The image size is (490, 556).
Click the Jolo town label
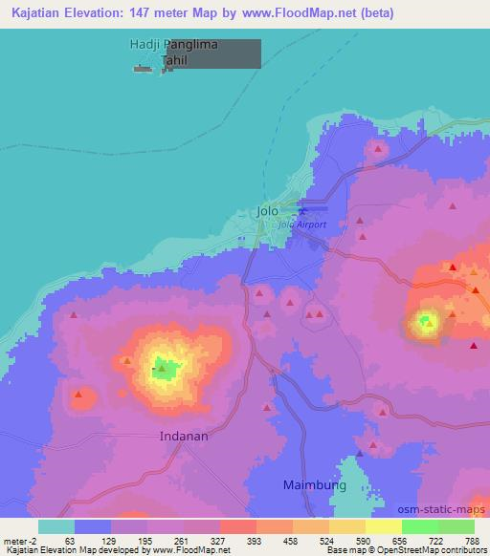(x=267, y=210)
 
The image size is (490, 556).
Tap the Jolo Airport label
(x=301, y=225)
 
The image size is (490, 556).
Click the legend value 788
(x=473, y=540)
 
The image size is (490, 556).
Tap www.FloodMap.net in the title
(x=297, y=13)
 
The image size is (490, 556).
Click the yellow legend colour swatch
(x=383, y=526)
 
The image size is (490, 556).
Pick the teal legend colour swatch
(x=56, y=526)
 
